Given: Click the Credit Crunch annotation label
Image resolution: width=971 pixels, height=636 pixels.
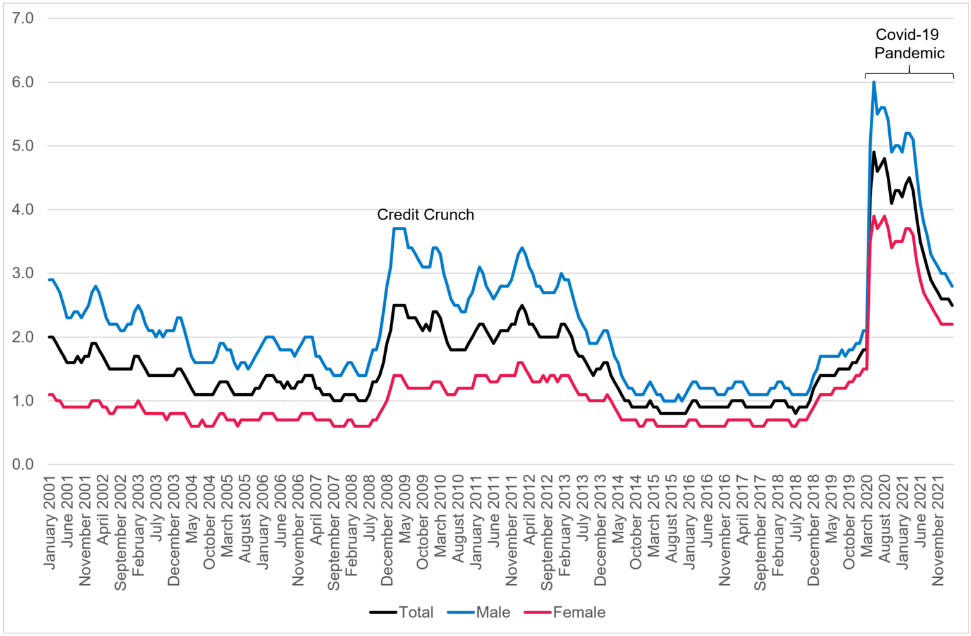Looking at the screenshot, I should (425, 215).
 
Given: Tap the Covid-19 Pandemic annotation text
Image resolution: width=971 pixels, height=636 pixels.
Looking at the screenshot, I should (909, 44).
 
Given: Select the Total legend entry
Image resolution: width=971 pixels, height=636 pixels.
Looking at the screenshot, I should (402, 612).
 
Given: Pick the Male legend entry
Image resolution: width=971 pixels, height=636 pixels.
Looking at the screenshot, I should (479, 612).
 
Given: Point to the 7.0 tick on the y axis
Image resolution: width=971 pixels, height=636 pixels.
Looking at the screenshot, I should (23, 18).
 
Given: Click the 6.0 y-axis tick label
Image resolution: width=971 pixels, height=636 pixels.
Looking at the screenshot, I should (23, 82).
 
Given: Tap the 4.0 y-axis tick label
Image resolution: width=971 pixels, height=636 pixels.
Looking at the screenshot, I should (23, 209).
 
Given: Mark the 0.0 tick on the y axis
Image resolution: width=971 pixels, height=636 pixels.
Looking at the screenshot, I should (23, 464).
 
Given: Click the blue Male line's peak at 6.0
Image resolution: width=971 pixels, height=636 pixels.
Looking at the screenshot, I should (874, 82).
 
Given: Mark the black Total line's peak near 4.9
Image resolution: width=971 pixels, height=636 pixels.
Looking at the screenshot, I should (874, 152).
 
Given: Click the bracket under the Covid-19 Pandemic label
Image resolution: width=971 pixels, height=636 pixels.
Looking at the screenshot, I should (909, 74).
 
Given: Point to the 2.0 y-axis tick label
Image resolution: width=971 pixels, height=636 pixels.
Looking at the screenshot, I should (23, 337).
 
